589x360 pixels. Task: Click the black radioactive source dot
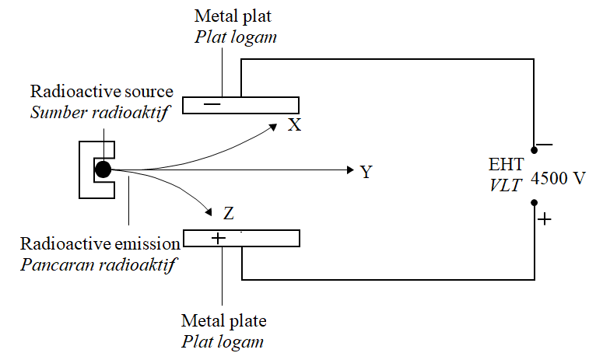click(103, 169)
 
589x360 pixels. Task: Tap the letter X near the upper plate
click(294, 124)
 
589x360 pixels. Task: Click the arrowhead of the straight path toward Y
click(349, 170)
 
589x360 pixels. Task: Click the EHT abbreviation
click(506, 165)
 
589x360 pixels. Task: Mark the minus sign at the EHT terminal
click(545, 144)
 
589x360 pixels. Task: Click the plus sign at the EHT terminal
click(545, 219)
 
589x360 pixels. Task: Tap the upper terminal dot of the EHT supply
click(534, 150)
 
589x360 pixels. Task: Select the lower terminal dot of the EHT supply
click(534, 203)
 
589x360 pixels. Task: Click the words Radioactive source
click(101, 92)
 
